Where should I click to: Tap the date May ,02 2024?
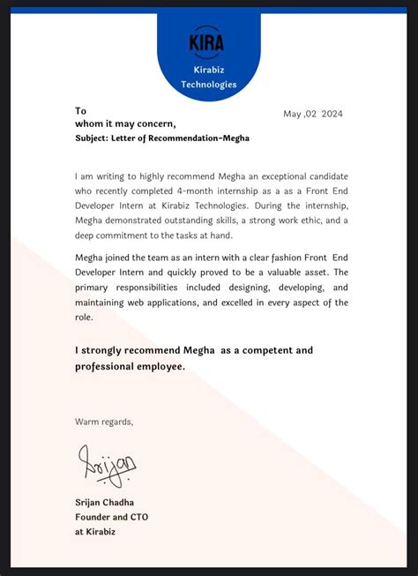(x=312, y=114)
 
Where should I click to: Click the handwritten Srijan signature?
(x=107, y=464)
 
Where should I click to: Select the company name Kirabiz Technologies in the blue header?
(x=209, y=77)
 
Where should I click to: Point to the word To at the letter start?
(x=81, y=110)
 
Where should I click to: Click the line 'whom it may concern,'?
(x=125, y=123)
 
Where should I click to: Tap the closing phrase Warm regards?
(x=104, y=421)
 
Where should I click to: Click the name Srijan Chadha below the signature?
(x=105, y=502)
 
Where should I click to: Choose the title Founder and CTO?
(x=111, y=516)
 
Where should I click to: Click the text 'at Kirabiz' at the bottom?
(x=97, y=531)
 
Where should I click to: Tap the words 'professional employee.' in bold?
(x=131, y=366)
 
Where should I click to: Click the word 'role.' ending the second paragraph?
(x=85, y=317)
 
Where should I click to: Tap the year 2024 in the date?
(x=332, y=114)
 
